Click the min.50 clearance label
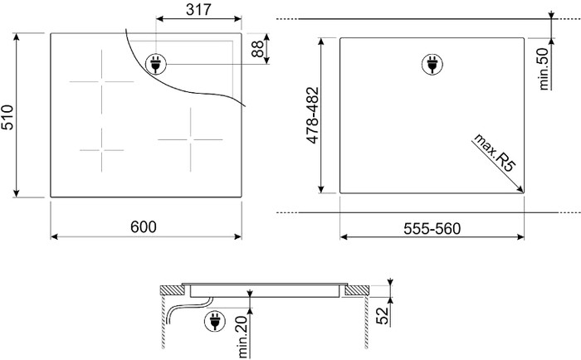click(546, 68)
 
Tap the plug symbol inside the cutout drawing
click(431, 62)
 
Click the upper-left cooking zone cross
click(101, 81)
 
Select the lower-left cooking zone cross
click(101, 150)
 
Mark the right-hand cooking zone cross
click(190, 139)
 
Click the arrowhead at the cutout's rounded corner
click(520, 189)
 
